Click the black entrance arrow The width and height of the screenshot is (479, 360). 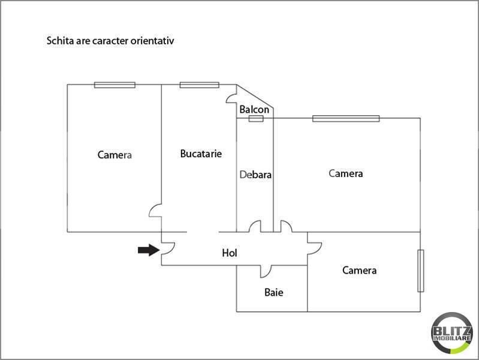click(x=149, y=250)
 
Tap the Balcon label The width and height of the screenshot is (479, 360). click(x=254, y=109)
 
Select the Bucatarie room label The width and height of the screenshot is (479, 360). click(x=201, y=154)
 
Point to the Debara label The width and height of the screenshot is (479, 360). click(x=255, y=175)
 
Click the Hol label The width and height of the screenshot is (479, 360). click(x=230, y=253)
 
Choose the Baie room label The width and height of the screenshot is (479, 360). click(x=274, y=292)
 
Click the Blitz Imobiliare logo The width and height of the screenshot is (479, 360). click(x=452, y=333)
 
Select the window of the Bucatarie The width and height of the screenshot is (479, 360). click(x=200, y=85)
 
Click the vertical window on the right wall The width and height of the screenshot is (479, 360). click(x=421, y=271)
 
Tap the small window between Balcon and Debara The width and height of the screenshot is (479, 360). click(x=256, y=119)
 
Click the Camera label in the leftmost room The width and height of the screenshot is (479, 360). click(x=115, y=155)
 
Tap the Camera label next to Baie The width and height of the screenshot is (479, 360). click(x=359, y=271)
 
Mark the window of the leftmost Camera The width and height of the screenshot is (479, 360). click(x=115, y=85)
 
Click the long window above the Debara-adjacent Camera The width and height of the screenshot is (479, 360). click(x=346, y=119)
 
